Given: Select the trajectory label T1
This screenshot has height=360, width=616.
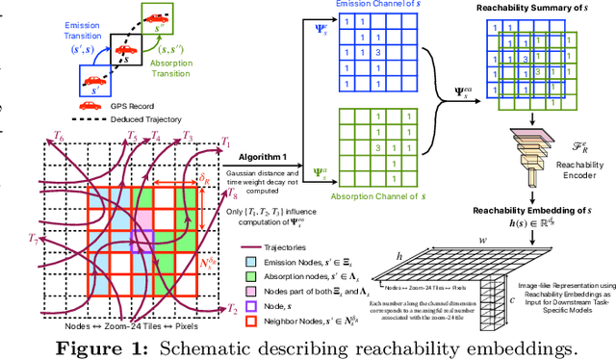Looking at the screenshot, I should click(225, 141).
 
